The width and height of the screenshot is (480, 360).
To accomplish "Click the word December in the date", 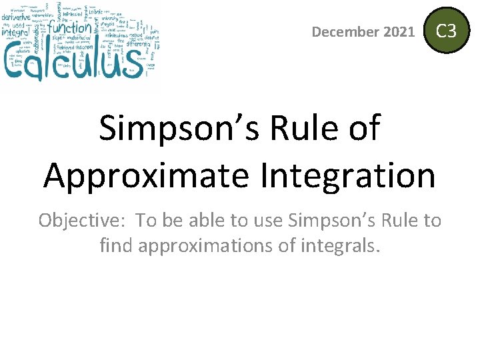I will pyautogui.click(x=346, y=31).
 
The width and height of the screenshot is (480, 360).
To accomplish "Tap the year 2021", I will pyautogui.click(x=399, y=31).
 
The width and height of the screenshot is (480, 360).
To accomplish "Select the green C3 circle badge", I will pyautogui.click(x=446, y=31).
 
